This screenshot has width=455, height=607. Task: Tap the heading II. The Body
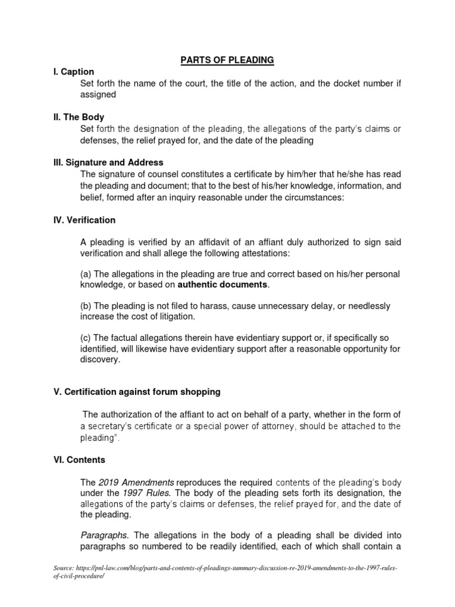pos(79,117)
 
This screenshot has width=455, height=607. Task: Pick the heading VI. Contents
pos(78,459)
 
